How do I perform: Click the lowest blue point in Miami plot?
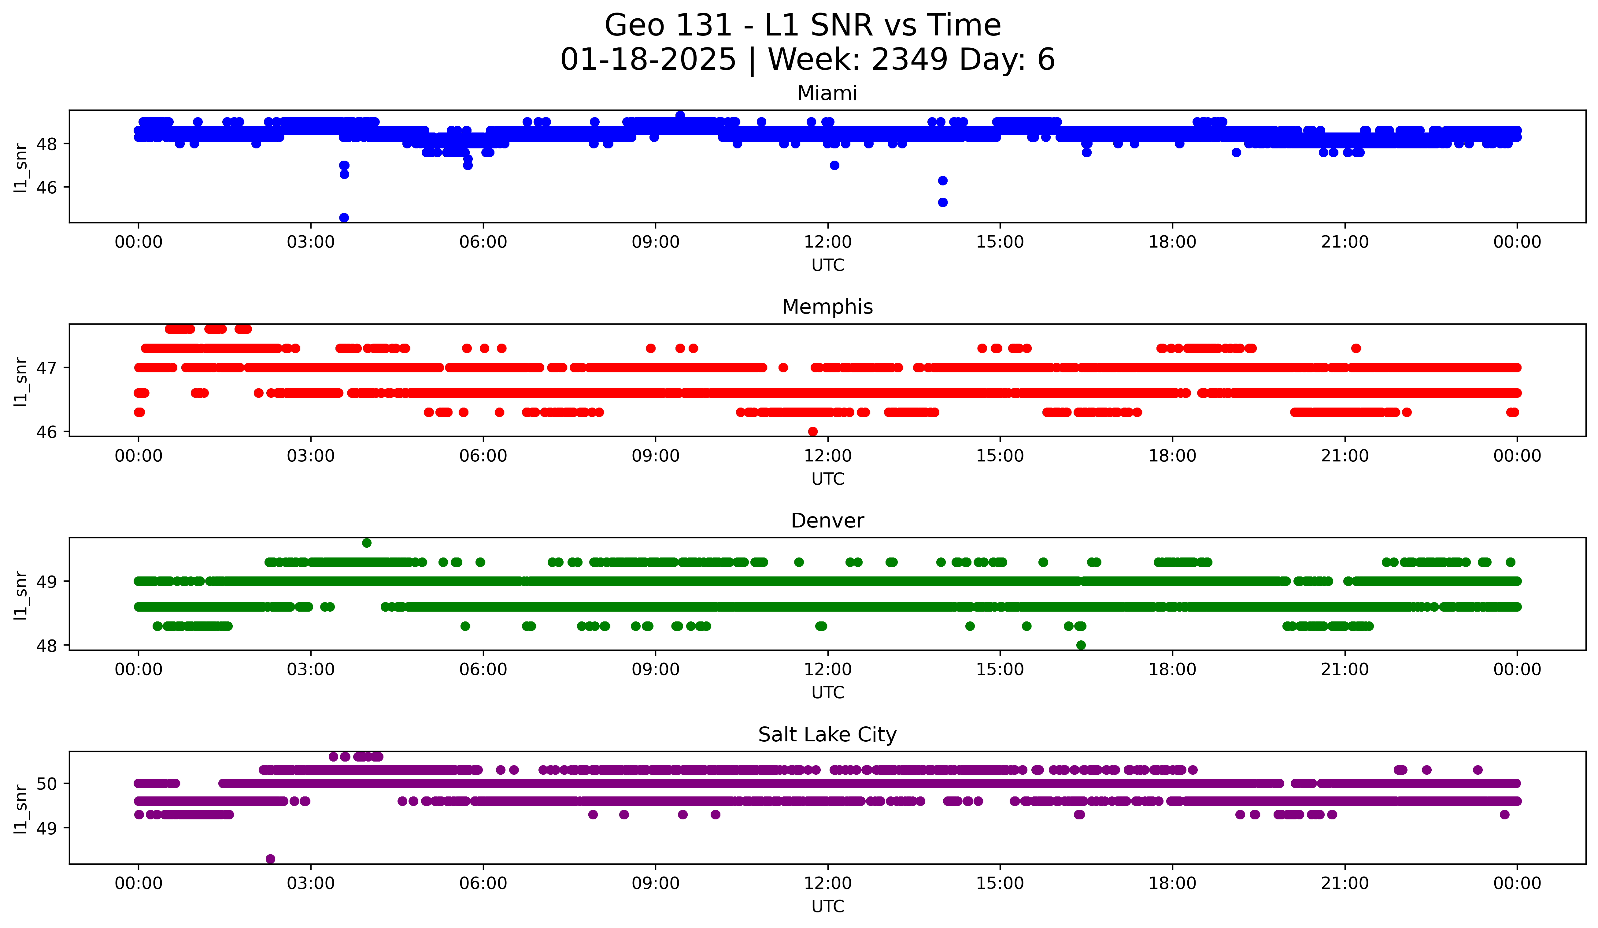[x=344, y=218]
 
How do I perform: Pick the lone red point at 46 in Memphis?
[x=812, y=431]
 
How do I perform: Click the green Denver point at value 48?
[x=1081, y=645]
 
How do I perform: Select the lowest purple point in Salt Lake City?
[x=270, y=859]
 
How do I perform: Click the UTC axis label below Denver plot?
[x=827, y=693]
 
